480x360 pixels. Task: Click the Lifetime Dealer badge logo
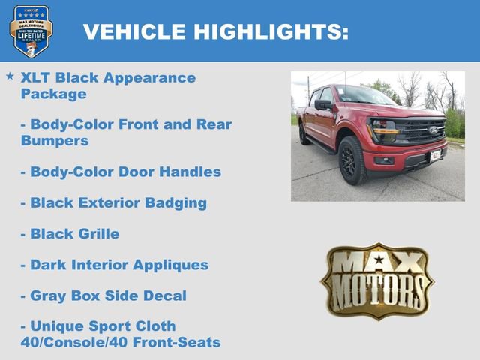click(x=31, y=31)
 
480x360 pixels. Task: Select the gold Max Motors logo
click(x=377, y=280)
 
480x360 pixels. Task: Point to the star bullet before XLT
click(x=9, y=76)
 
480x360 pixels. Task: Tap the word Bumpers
click(x=55, y=140)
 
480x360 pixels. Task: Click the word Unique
click(x=56, y=326)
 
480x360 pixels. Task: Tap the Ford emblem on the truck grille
click(x=433, y=130)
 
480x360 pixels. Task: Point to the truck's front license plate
click(x=436, y=155)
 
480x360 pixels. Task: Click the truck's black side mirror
click(x=323, y=105)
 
